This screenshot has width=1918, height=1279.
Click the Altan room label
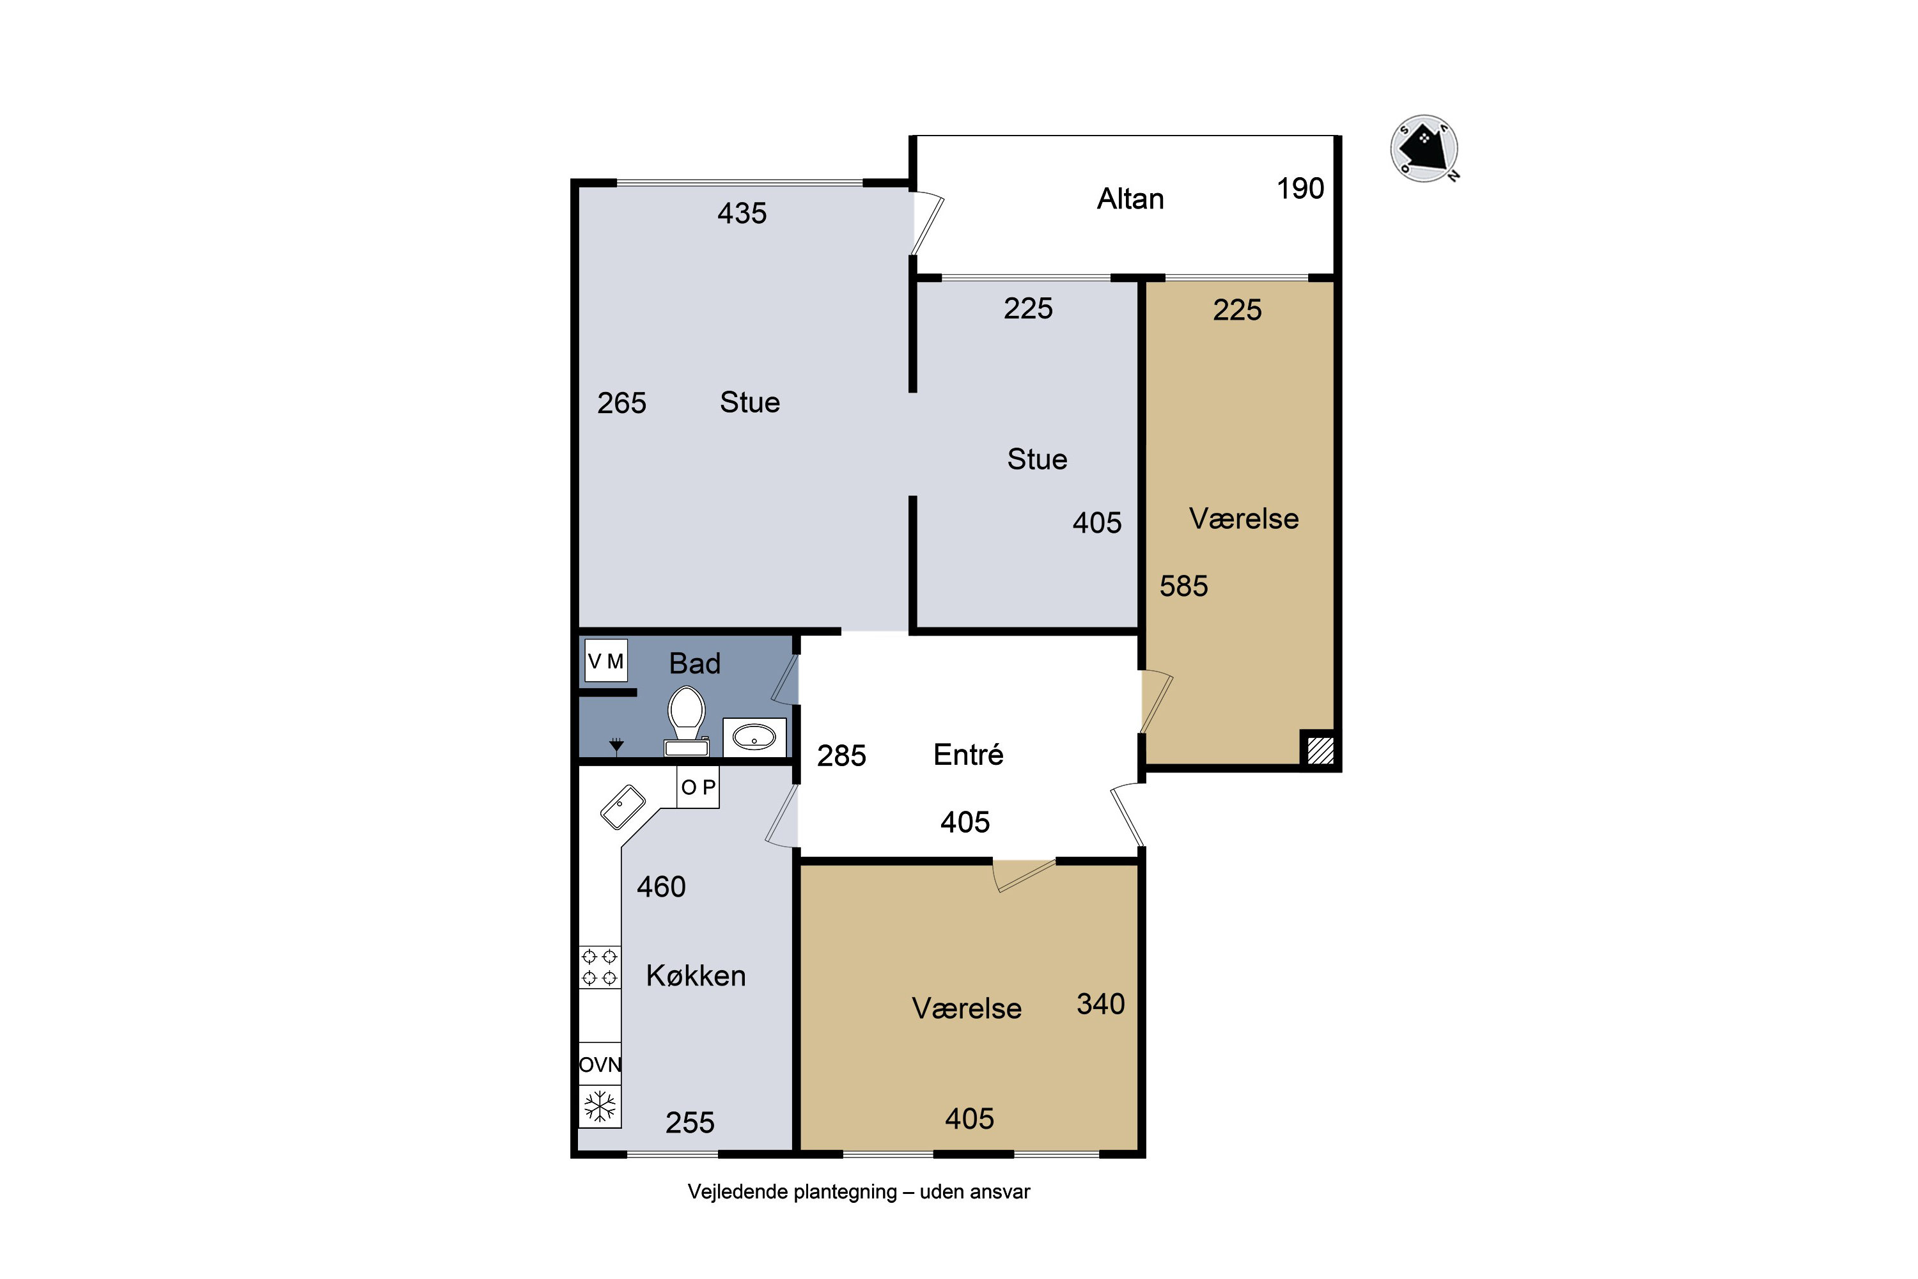[1130, 199]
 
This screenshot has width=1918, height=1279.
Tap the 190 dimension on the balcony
[1300, 189]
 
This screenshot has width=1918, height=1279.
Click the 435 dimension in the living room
[742, 213]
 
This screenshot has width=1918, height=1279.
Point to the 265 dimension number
[621, 403]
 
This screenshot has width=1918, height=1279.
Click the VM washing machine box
[606, 661]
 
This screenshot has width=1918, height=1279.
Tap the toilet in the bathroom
[687, 721]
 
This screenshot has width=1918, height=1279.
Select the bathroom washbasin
[754, 737]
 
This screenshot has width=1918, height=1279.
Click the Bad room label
[695, 663]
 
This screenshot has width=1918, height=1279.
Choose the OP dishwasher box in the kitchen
[698, 787]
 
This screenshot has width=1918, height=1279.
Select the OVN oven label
[600, 1065]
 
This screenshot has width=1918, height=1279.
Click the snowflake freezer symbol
[600, 1107]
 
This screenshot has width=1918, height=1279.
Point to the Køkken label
[696, 976]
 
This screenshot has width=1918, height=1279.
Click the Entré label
[968, 755]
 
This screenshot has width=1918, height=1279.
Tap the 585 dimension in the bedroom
[1183, 586]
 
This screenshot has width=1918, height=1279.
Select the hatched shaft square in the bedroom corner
[1320, 749]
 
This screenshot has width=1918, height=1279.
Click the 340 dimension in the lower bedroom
[1100, 1003]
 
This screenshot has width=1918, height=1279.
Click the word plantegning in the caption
[845, 1193]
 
